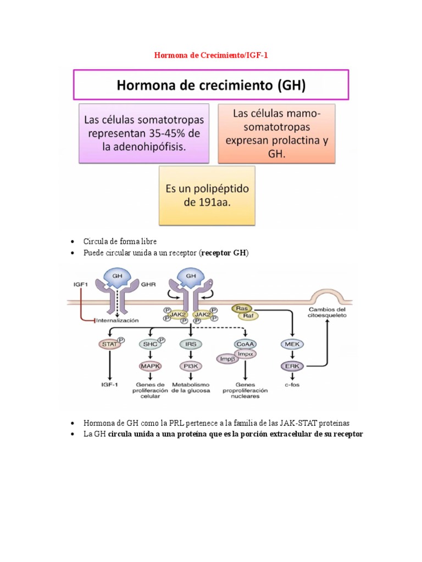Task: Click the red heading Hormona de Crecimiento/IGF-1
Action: tap(211, 55)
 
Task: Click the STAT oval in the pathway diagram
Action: tap(110, 344)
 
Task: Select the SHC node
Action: tap(148, 344)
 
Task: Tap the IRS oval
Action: tap(191, 344)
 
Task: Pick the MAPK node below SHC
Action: tap(148, 366)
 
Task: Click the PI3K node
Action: tap(191, 366)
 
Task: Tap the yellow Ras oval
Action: tap(241, 309)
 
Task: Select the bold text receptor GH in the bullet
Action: tap(224, 252)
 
